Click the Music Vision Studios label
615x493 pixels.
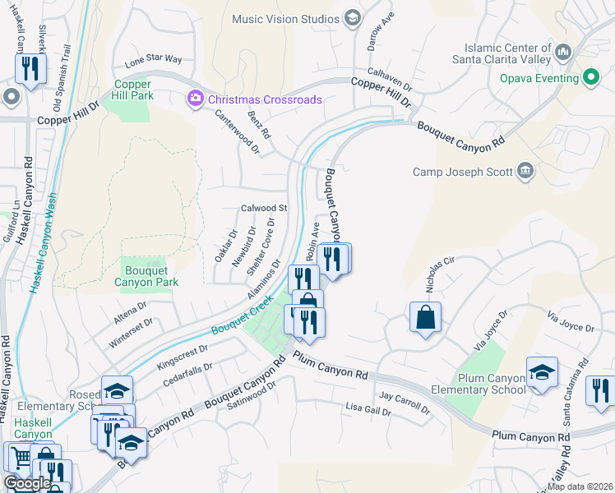[x=286, y=18]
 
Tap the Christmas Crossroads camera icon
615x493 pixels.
[x=196, y=99]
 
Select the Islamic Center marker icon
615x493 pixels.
[x=563, y=53]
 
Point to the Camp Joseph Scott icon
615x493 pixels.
[x=525, y=172]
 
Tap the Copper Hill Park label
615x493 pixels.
[x=133, y=90]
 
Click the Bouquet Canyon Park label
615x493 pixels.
[x=150, y=276]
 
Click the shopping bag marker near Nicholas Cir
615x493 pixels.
[x=425, y=317]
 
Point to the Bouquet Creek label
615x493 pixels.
[x=241, y=318]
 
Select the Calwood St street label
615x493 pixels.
[x=263, y=209]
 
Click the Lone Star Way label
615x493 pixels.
[x=153, y=60]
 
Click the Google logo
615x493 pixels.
[x=27, y=483]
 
